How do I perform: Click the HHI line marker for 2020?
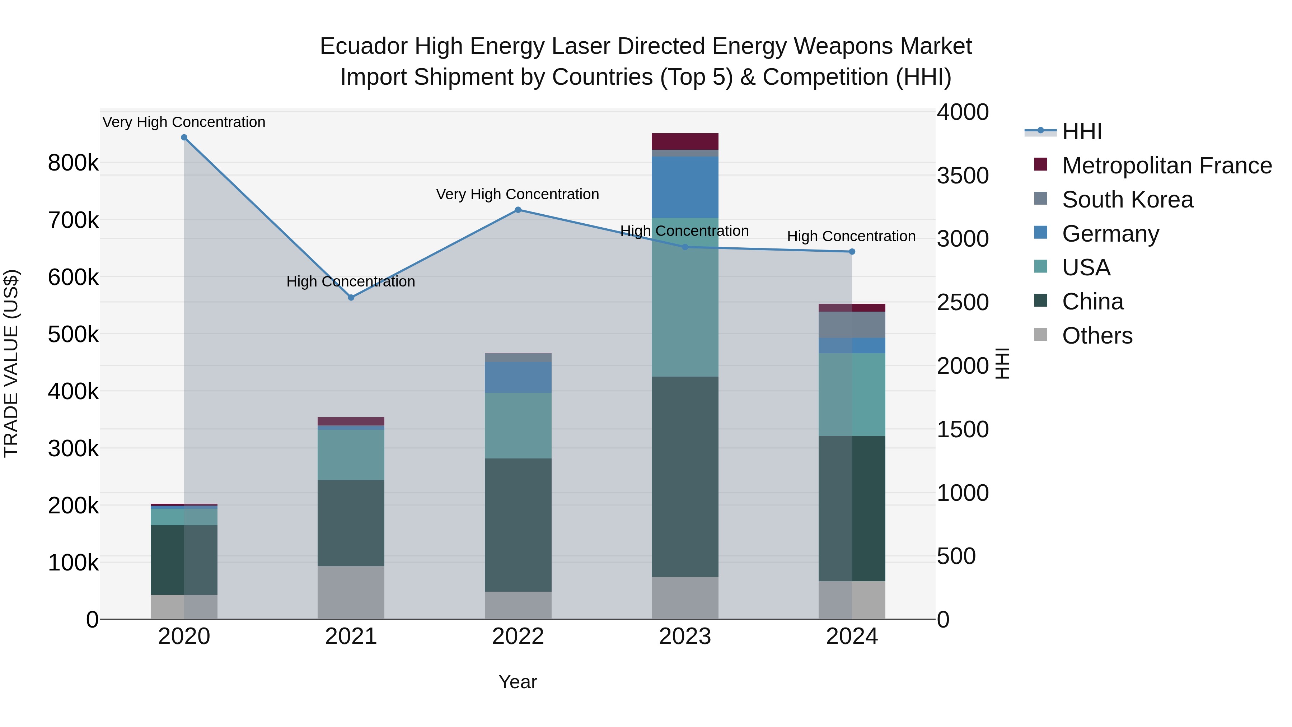click(184, 138)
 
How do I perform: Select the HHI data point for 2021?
click(351, 298)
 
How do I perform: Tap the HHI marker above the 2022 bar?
click(518, 210)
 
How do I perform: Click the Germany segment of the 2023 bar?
click(685, 187)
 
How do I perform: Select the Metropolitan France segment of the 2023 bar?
click(685, 141)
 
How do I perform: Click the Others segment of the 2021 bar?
click(351, 592)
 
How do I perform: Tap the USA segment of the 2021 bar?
click(351, 455)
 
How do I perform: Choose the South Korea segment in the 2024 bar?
click(852, 325)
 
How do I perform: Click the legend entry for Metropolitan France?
click(1167, 166)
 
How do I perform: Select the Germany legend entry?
click(1110, 234)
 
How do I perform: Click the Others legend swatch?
click(1041, 335)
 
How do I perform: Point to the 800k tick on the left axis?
click(73, 163)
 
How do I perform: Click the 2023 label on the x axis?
click(685, 637)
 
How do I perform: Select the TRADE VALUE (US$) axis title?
click(11, 363)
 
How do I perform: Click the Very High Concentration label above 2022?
click(517, 194)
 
